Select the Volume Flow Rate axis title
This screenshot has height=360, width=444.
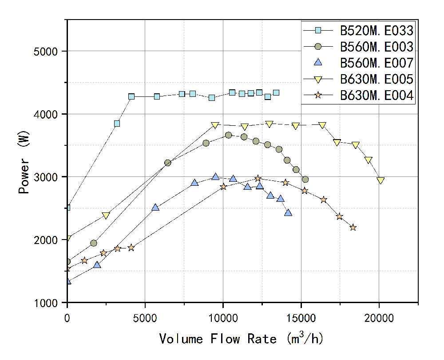[x=241, y=339]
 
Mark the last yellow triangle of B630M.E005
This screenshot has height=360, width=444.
[x=381, y=180]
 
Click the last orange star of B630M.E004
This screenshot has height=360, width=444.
[x=353, y=228]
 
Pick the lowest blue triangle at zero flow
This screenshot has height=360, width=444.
[x=67, y=281]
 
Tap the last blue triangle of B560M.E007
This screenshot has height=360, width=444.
[x=288, y=213]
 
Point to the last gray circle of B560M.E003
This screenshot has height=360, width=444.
[x=305, y=180]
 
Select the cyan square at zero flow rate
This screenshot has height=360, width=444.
[x=67, y=208]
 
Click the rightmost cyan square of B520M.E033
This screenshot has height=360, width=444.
[x=276, y=93]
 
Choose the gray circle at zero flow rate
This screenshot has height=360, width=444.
[x=67, y=262]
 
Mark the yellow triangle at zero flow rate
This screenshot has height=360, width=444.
[x=67, y=239]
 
